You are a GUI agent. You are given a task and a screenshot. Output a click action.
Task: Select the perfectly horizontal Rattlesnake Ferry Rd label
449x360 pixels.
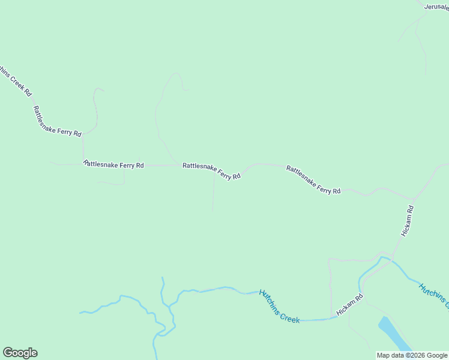click(x=114, y=164)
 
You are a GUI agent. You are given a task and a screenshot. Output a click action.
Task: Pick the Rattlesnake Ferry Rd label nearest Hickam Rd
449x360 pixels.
click(x=313, y=179)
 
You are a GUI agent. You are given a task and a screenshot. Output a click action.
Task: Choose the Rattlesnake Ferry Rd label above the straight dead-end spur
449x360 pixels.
click(x=211, y=172)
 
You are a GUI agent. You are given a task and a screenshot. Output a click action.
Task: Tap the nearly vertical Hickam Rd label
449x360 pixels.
click(x=408, y=220)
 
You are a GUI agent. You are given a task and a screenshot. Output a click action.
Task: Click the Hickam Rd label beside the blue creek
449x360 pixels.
click(x=350, y=305)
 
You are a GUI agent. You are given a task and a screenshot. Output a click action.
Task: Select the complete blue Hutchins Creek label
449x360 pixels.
click(x=279, y=306)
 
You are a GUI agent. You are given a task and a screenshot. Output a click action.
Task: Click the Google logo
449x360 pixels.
click(x=20, y=353)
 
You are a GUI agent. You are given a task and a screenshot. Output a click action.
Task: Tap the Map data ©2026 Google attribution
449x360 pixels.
click(x=412, y=355)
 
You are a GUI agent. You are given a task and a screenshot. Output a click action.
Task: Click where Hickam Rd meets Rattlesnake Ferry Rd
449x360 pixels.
click(x=414, y=199)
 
